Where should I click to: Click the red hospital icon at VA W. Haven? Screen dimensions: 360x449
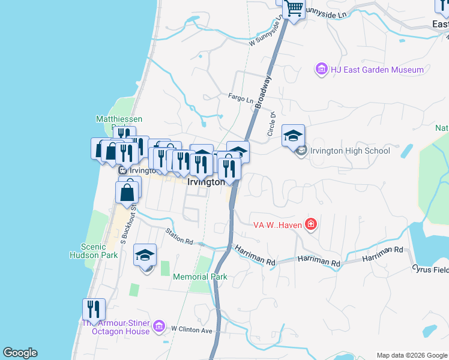click(310, 225)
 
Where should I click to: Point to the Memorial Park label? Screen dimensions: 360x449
click(200, 277)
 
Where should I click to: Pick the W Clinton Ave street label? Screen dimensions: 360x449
click(192, 329)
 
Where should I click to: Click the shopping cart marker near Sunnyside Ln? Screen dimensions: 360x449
click(294, 8)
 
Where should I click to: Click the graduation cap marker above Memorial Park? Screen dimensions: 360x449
click(145, 256)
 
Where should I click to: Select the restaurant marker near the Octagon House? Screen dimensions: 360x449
click(94, 310)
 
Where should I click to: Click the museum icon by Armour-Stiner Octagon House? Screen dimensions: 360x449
click(159, 326)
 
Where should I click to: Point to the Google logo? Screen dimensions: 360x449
click(20, 353)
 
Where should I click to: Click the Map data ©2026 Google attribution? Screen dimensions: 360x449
click(412, 355)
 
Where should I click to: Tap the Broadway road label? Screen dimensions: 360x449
click(263, 92)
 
